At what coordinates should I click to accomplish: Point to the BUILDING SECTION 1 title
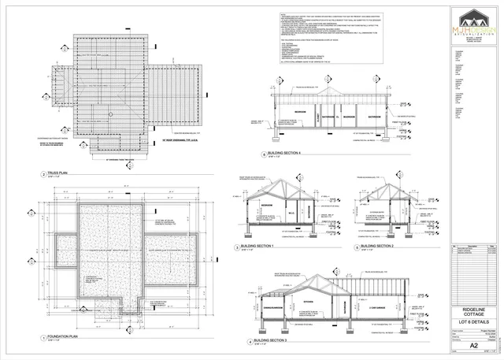pyautogui.click(x=264, y=247)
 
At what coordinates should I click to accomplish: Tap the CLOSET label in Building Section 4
pyautogui.click(x=319, y=118)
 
